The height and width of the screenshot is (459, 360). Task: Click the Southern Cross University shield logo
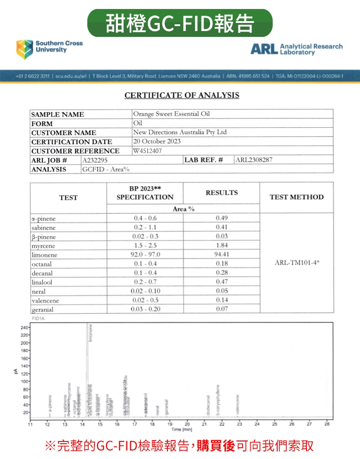click(25, 49)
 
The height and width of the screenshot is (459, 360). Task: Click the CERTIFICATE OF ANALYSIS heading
click(182, 95)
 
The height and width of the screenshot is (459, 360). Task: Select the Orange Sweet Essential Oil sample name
click(171, 114)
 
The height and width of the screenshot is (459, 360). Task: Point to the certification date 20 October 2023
click(157, 141)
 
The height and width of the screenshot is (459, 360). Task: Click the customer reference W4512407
click(147, 151)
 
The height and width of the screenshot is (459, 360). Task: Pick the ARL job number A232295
click(95, 160)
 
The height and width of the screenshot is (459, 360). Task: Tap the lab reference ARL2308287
click(254, 160)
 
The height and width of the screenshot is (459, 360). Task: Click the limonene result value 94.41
click(222, 254)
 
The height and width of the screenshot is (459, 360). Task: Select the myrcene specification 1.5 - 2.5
click(145, 245)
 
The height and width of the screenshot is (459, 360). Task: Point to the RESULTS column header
click(221, 193)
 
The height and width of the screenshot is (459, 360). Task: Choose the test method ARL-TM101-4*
click(297, 263)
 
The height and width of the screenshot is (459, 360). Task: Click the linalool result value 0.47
click(222, 282)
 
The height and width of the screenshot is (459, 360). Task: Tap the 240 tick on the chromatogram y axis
click(22, 328)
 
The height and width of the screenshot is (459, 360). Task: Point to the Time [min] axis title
click(181, 430)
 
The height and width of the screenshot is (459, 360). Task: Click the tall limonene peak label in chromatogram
click(91, 333)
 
